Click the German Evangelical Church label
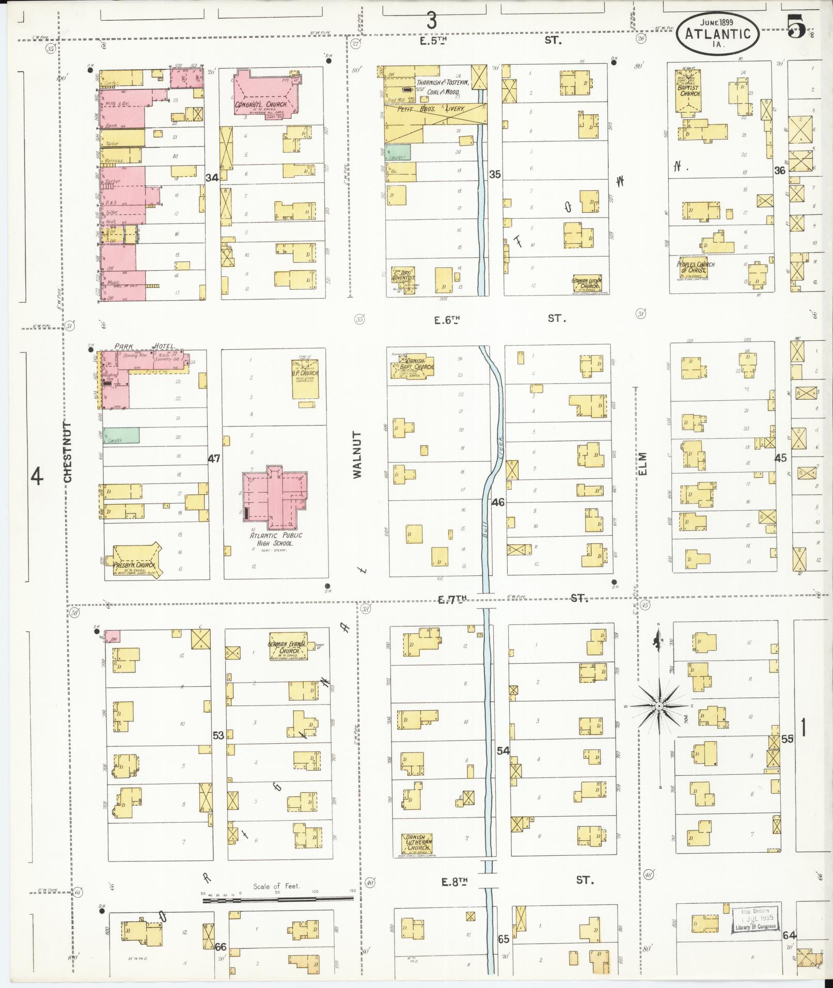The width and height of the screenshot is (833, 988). click(x=287, y=648)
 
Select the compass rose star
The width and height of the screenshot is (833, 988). click(x=659, y=705)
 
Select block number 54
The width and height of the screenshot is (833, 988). click(x=503, y=750)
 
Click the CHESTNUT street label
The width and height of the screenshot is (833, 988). click(x=69, y=451)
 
